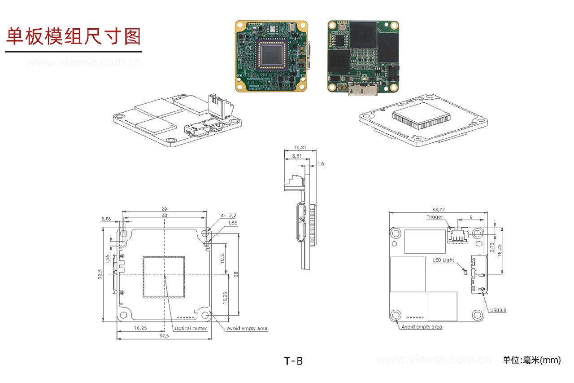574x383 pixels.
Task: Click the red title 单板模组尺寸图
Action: [73, 36]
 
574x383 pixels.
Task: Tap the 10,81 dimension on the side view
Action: [300, 147]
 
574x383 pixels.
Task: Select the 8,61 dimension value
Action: [296, 156]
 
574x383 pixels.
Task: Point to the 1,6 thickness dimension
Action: [321, 164]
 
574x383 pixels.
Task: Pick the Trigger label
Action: [435, 217]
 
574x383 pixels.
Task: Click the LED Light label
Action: [443, 260]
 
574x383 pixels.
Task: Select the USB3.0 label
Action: [498, 310]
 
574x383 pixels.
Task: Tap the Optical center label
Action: [191, 328]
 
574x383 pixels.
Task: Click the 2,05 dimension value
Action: [106, 219]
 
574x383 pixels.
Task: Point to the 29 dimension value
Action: [165, 209]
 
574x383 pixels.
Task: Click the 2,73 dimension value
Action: [492, 248]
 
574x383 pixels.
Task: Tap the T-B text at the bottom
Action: [293, 361]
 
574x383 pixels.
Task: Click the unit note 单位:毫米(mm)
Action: [531, 360]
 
